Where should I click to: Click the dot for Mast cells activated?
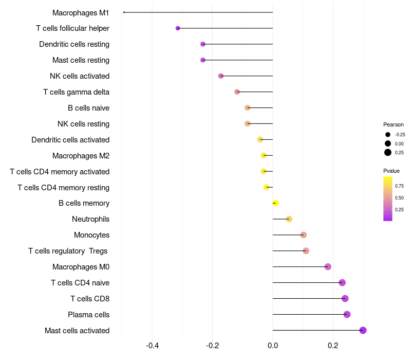point(363,330)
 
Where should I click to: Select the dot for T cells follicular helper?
point(178,28)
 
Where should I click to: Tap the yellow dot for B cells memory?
point(275,203)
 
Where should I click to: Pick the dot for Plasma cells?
point(347,314)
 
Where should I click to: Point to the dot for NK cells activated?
point(221,76)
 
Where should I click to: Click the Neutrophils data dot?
point(289,219)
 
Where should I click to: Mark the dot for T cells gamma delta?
point(237,92)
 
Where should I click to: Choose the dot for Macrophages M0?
point(328,266)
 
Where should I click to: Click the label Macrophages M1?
point(81,12)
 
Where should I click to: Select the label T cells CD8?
point(90,299)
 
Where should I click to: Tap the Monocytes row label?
point(91,235)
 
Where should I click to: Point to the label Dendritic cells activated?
point(70,140)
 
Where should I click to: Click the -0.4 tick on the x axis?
point(152,346)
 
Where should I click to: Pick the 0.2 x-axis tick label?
point(333,346)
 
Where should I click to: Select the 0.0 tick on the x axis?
point(273,346)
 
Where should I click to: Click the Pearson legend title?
point(394,124)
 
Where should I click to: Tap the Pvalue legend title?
point(391,171)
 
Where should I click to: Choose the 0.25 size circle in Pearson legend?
point(388,152)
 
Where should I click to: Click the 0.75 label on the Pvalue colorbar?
point(399,186)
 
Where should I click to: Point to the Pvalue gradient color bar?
point(388,199)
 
